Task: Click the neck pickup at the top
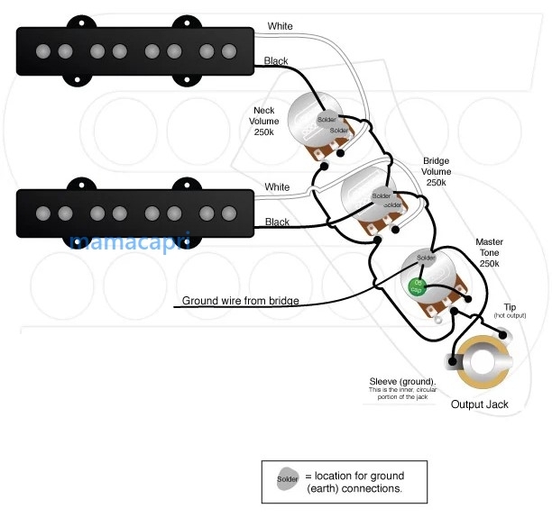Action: pos(134,52)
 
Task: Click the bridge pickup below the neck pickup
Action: pos(134,213)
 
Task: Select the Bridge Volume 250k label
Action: pos(436,171)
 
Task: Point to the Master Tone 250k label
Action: pos(490,253)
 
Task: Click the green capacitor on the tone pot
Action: pos(417,286)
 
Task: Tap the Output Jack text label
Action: pos(479,404)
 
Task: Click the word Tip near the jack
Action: pos(511,308)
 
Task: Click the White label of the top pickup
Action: pos(281,27)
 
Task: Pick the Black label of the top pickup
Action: pos(276,61)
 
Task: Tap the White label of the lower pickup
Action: pos(278,187)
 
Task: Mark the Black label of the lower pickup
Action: pos(278,222)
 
